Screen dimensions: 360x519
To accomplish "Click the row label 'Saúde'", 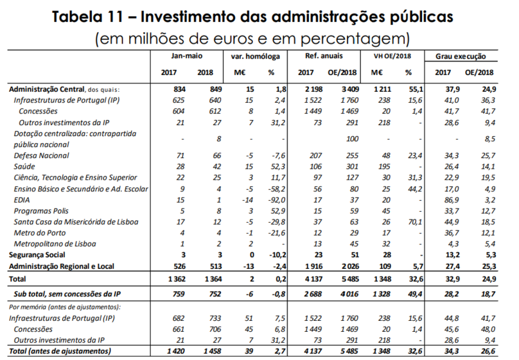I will pyautogui.click(x=26, y=167).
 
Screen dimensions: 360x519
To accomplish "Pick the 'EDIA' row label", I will pyautogui.click(x=23, y=200).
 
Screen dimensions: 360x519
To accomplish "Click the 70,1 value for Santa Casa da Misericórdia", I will pyautogui.click(x=412, y=221).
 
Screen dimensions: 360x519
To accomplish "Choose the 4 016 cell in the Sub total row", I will pyautogui.click(x=346, y=293).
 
